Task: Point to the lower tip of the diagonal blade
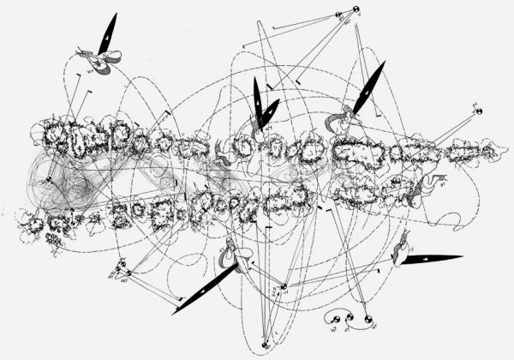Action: [173, 313]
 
